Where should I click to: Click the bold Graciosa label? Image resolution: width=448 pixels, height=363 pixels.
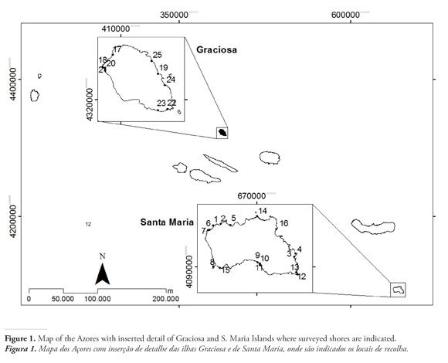(x=216, y=49)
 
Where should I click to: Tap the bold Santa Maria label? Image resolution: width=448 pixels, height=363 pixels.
(x=167, y=222)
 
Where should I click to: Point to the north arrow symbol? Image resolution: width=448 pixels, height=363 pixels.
(x=102, y=273)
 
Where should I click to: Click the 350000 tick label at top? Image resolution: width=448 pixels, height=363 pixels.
(x=174, y=15)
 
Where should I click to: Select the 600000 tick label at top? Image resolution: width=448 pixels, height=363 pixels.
(x=345, y=15)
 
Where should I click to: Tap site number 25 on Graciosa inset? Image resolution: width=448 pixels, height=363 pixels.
(x=157, y=55)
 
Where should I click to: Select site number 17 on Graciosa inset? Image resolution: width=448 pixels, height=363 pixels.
(x=117, y=49)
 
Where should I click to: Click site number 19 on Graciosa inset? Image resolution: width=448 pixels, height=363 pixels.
(x=164, y=68)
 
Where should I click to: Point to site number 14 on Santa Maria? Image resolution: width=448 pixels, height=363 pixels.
(x=263, y=211)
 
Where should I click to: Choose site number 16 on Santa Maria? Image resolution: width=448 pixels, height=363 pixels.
(x=283, y=223)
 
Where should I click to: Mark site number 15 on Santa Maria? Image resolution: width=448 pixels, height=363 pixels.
(x=226, y=270)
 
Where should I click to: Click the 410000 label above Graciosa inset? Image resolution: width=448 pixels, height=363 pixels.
(x=116, y=29)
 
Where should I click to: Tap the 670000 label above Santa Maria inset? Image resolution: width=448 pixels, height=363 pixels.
(x=252, y=196)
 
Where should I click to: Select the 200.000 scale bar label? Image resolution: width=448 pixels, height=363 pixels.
(x=166, y=299)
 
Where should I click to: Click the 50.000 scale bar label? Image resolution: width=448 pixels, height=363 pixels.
(x=63, y=299)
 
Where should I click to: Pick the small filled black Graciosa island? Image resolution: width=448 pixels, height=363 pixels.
(x=222, y=132)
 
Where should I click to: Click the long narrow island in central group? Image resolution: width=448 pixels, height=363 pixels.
(x=220, y=163)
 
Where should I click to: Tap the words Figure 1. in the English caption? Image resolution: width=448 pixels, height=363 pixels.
(x=20, y=339)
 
